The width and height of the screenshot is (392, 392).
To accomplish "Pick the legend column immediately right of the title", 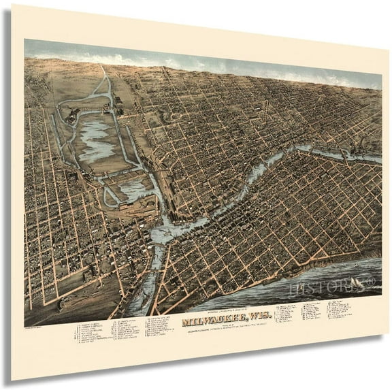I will click(286, 312).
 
